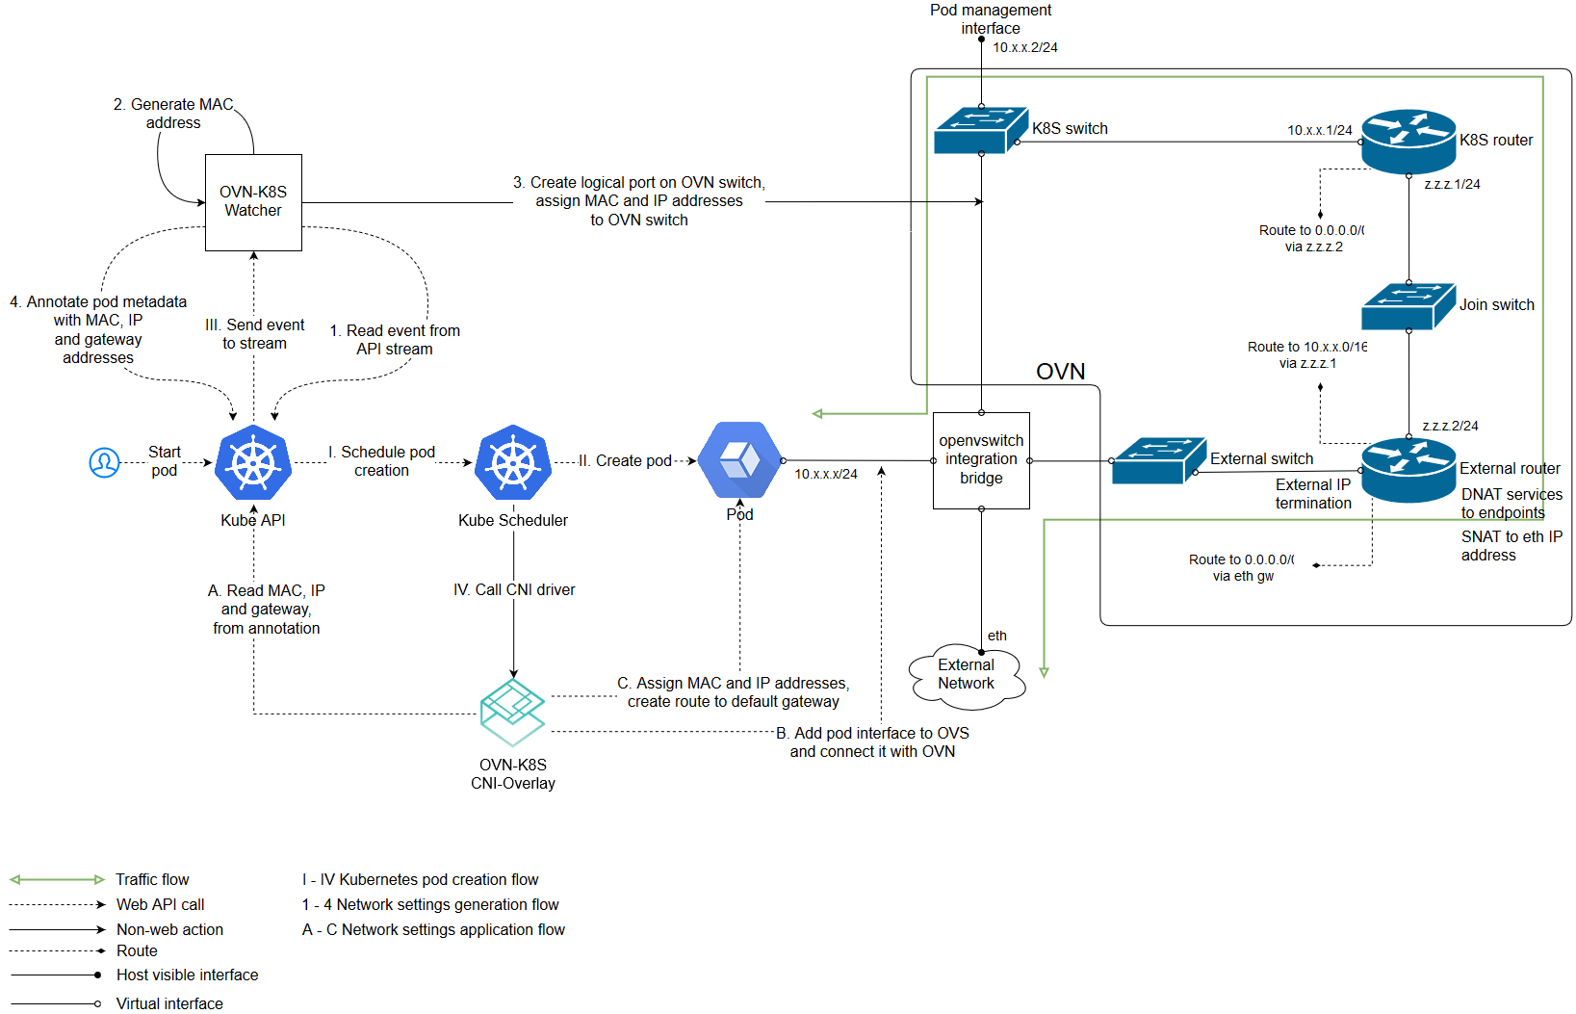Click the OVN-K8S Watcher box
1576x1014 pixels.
click(x=253, y=202)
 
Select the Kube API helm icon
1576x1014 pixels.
click(x=253, y=462)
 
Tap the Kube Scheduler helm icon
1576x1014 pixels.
click(x=513, y=462)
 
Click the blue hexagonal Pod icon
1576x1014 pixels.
click(x=739, y=460)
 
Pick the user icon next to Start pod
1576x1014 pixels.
click(x=104, y=462)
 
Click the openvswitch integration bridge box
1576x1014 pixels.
click(x=981, y=460)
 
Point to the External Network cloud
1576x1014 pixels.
click(x=967, y=675)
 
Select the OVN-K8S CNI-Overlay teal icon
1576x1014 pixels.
click(x=513, y=713)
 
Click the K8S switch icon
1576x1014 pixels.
click(x=980, y=130)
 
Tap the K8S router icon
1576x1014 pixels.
click(x=1408, y=142)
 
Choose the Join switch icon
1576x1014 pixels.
click(x=1408, y=306)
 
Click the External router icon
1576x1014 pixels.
click(x=1408, y=470)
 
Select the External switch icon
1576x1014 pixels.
click(x=1158, y=460)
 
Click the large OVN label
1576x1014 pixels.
click(x=1060, y=372)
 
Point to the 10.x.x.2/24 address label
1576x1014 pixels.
click(x=1024, y=47)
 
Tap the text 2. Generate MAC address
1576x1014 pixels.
click(x=173, y=114)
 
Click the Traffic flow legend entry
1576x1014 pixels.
click(x=152, y=879)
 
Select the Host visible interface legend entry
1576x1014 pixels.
click(x=187, y=975)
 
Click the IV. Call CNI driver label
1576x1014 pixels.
click(x=514, y=589)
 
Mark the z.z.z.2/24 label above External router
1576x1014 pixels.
click(x=1450, y=426)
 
